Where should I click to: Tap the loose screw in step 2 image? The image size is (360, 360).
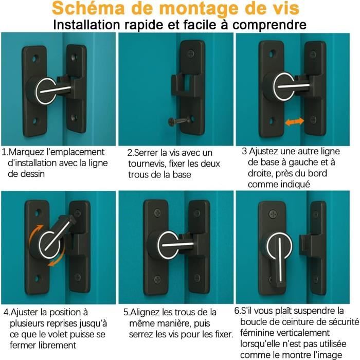(173, 121)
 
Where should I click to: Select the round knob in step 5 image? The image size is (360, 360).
(163, 240)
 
